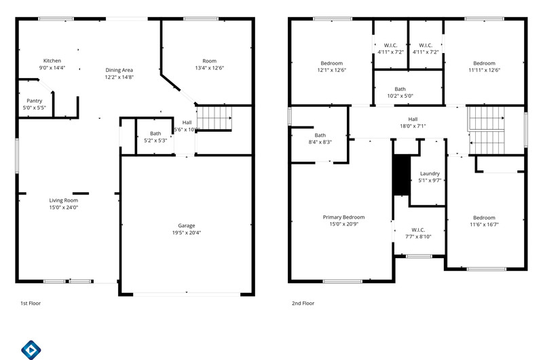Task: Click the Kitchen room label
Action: (52, 60)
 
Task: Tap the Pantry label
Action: (35, 101)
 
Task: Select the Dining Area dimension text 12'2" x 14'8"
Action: (119, 77)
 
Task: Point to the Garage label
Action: (186, 226)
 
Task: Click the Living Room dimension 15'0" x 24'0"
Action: (63, 207)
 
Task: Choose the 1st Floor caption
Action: (31, 303)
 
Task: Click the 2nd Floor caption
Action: (303, 303)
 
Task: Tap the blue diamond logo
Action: (31, 350)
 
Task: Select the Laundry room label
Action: (430, 174)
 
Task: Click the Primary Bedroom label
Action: (343, 217)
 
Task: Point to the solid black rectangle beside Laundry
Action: (402, 175)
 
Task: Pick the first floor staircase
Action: (214, 118)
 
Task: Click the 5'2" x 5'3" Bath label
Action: (155, 133)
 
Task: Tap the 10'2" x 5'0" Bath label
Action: (400, 89)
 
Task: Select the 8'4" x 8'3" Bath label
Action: (320, 135)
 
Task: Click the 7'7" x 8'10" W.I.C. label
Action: (418, 230)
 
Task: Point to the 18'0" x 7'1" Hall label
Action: (413, 119)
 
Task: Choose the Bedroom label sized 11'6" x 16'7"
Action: (484, 217)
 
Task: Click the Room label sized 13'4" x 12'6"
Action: (210, 61)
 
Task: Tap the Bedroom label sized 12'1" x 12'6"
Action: (332, 63)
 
